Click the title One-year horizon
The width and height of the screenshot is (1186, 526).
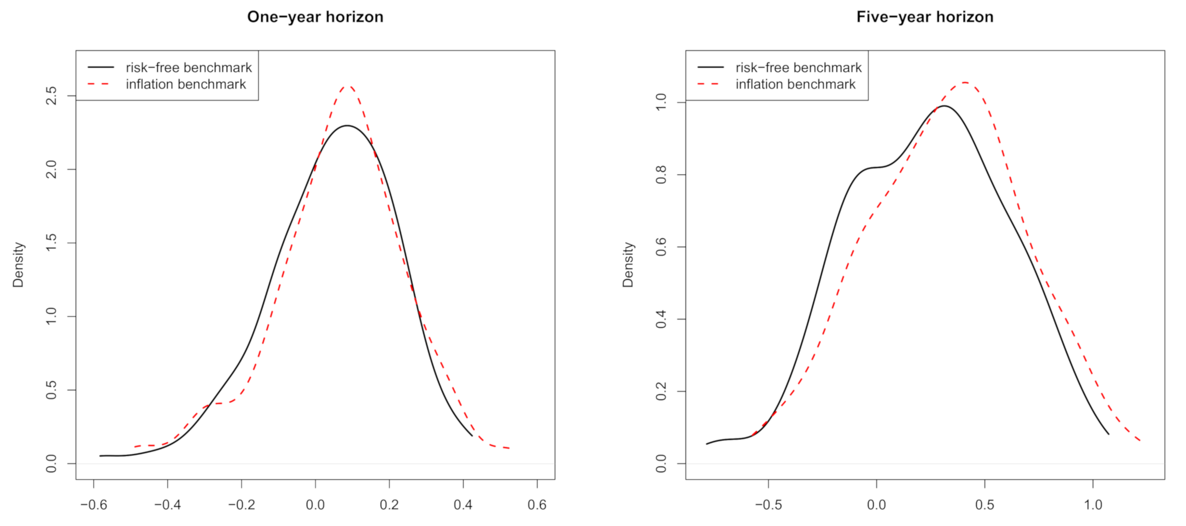(315, 17)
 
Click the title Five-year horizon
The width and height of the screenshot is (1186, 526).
(925, 17)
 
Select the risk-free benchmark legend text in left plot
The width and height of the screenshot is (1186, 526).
(188, 68)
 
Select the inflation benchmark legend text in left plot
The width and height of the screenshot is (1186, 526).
(186, 84)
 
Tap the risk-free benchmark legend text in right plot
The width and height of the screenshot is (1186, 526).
(798, 68)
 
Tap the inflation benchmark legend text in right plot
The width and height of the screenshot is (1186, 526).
(795, 84)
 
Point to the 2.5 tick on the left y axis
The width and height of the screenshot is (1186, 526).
(51, 96)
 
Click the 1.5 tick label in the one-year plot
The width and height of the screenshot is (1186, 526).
(51, 242)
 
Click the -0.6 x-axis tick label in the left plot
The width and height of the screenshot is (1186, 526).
(94, 505)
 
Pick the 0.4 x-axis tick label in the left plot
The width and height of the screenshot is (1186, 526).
(463, 505)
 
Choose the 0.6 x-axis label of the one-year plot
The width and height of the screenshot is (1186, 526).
(537, 505)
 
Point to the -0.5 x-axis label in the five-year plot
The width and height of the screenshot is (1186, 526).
(769, 505)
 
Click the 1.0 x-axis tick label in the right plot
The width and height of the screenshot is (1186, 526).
(1093, 505)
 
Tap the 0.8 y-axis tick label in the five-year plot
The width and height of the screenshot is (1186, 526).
(661, 175)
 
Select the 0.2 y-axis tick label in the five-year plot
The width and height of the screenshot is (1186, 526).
(661, 391)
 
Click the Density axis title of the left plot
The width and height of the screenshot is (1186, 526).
(18, 264)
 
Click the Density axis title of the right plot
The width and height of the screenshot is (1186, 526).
(628, 264)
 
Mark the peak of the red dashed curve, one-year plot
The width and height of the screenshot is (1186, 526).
(348, 86)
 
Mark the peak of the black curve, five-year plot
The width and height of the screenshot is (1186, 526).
(943, 106)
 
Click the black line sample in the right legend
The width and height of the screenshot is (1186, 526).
(710, 68)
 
